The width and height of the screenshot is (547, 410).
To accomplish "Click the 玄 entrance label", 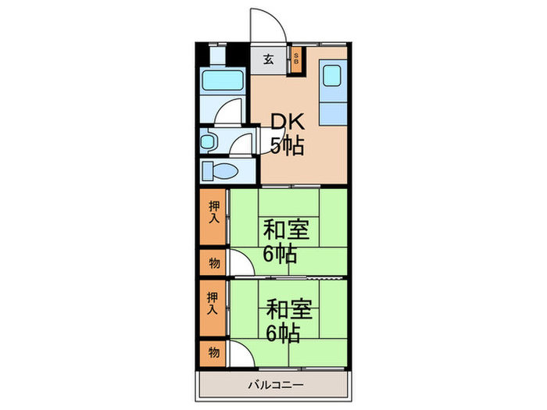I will click(x=268, y=59).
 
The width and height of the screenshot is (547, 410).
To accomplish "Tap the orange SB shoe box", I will click(x=296, y=60).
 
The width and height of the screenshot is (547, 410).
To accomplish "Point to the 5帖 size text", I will click(x=287, y=144).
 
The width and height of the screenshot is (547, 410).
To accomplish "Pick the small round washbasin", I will click(x=208, y=141).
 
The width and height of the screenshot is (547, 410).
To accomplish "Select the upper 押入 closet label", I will click(x=213, y=212).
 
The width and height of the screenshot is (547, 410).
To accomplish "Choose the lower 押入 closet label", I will click(x=213, y=303).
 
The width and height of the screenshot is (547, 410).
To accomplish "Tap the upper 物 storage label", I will click(x=213, y=262).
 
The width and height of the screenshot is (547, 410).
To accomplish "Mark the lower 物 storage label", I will click(x=213, y=352).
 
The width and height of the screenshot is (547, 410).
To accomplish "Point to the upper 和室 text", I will click(x=286, y=231).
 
